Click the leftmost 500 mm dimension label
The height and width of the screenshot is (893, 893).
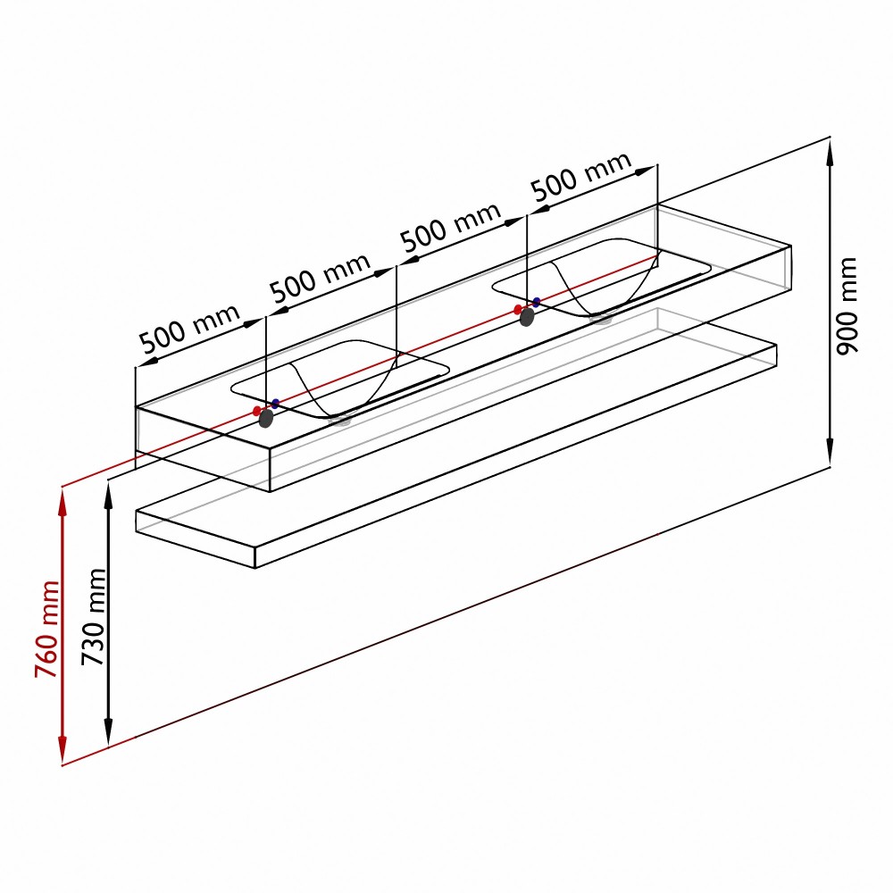pos(189,329)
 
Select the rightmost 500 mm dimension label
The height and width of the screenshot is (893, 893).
pos(581,176)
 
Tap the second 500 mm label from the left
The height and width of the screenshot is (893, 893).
pos(320,278)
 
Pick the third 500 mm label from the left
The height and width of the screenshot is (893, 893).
pos(450,227)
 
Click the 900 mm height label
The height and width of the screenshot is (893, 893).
pos(847,305)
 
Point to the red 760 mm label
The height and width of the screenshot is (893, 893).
pos(46,630)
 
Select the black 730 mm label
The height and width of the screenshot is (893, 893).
pos(93,617)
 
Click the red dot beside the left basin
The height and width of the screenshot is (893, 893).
pos(257,411)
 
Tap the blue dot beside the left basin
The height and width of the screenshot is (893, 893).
pos(276,404)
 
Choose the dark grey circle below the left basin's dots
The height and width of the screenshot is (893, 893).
pos(266,419)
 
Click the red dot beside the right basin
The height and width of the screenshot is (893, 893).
pos(518,310)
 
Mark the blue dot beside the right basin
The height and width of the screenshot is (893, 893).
pos(536,303)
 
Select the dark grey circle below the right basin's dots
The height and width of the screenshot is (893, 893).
pos(527,317)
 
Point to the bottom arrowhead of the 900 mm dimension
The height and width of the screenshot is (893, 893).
pos(830,453)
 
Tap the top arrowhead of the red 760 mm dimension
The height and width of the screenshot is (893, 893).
pos(63,502)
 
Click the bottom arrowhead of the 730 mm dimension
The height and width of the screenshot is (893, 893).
pos(108,731)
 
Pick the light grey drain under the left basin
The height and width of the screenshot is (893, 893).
pos(342,421)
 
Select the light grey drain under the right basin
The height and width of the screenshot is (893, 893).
pos(601,319)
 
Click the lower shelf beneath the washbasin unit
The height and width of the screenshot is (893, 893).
pos(455,455)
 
